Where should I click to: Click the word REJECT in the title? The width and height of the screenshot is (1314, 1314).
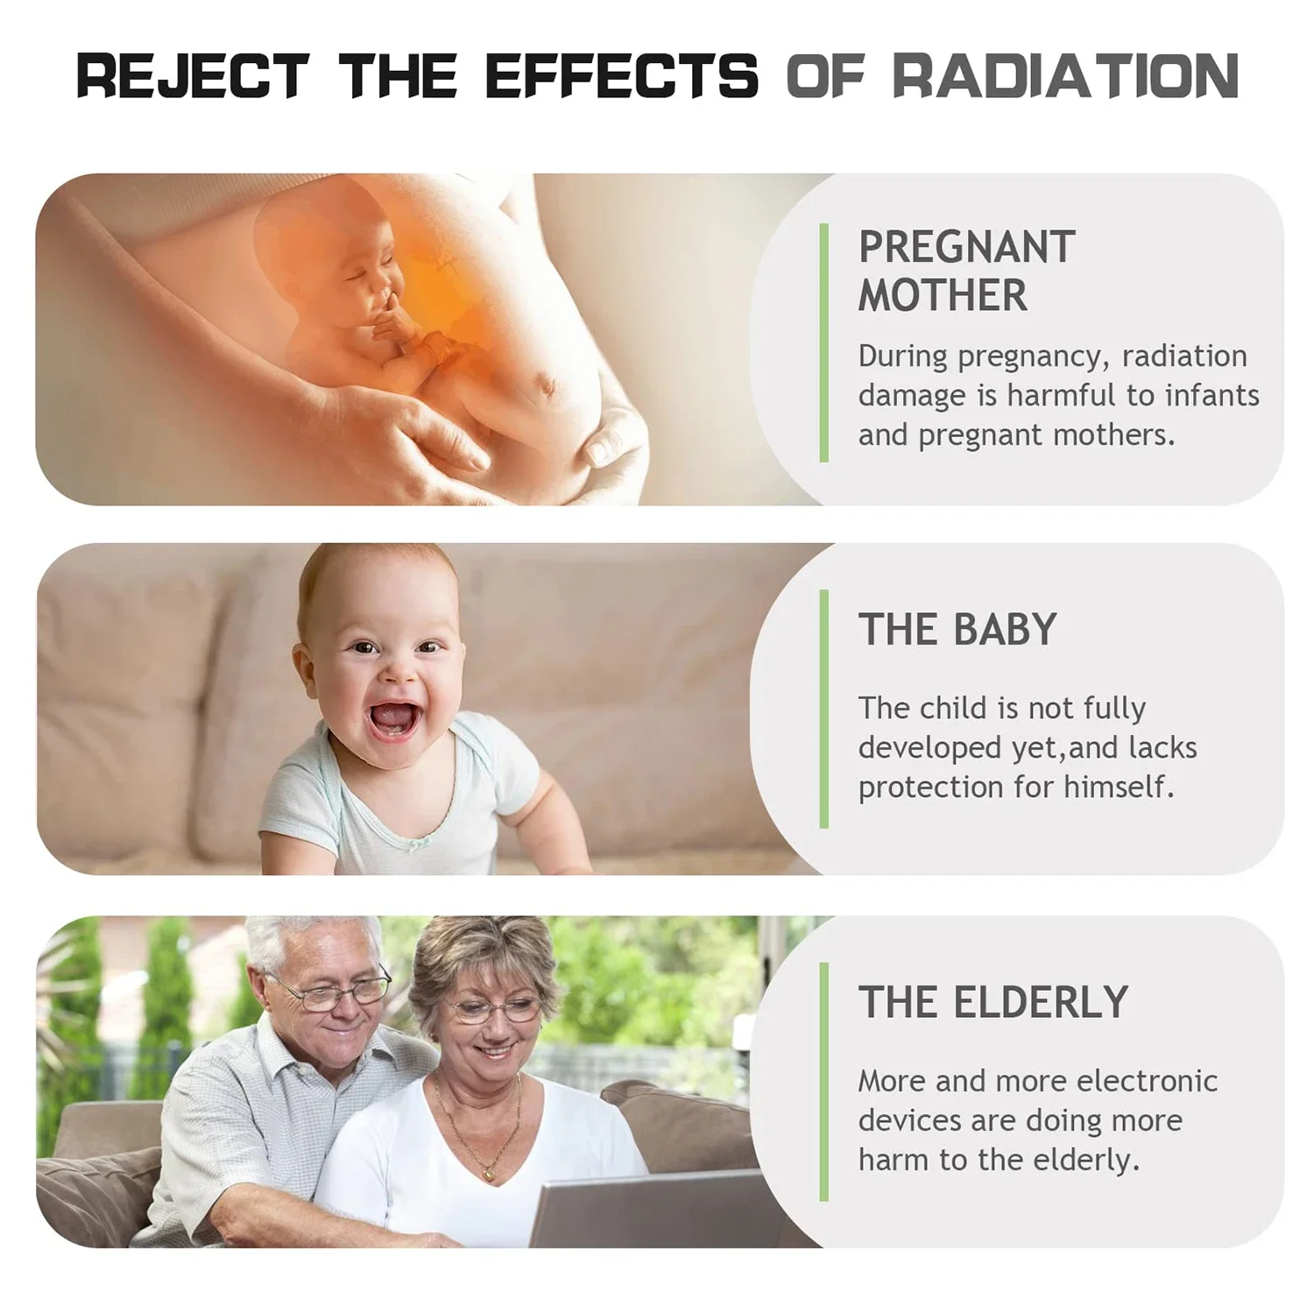point(193,75)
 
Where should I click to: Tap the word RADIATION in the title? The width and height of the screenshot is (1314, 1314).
point(1065,75)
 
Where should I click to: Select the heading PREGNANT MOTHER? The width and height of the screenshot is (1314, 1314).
point(966,272)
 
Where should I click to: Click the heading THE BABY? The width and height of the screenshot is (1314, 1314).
point(957,629)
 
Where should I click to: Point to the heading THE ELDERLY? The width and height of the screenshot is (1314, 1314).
point(993,1002)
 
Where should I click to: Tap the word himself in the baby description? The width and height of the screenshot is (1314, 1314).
point(1119,787)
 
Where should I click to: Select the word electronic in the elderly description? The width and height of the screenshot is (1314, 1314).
point(1147,1081)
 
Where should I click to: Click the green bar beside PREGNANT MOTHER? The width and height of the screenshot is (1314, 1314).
point(823,343)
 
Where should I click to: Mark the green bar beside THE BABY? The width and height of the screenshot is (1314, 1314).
point(823,709)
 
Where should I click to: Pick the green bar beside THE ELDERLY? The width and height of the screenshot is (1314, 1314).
point(823,1082)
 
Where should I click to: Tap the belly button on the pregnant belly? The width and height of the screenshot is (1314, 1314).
point(548,383)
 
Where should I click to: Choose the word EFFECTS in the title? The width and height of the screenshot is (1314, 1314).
point(622,75)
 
